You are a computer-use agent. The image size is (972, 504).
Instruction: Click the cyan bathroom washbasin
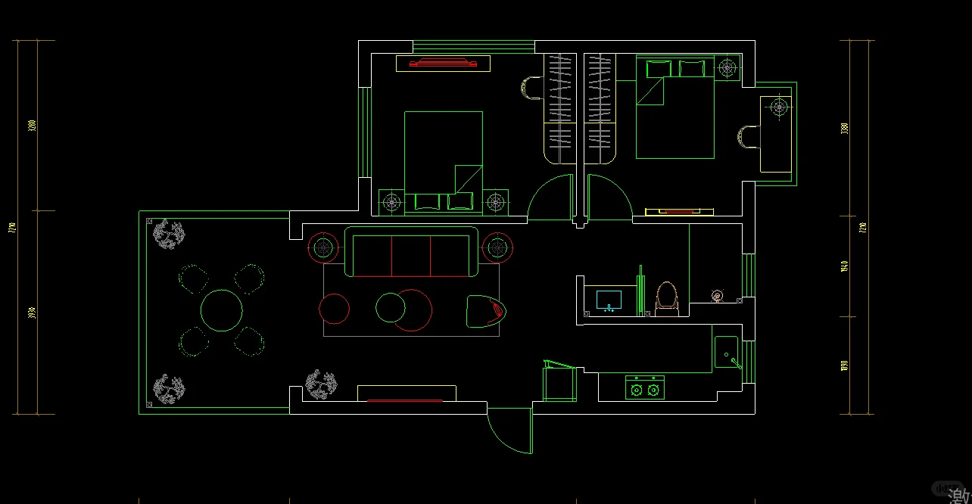[609, 300]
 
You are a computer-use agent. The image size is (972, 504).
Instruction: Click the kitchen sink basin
[726, 353]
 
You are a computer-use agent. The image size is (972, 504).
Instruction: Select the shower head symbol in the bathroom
[717, 294]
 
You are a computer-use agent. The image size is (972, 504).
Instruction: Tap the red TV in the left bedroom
[443, 64]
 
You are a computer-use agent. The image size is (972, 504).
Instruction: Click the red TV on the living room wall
[406, 400]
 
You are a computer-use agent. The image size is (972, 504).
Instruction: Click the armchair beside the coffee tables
[484, 311]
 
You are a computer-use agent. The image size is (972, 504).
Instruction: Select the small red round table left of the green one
[334, 309]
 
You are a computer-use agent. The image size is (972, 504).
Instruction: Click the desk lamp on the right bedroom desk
[779, 107]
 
